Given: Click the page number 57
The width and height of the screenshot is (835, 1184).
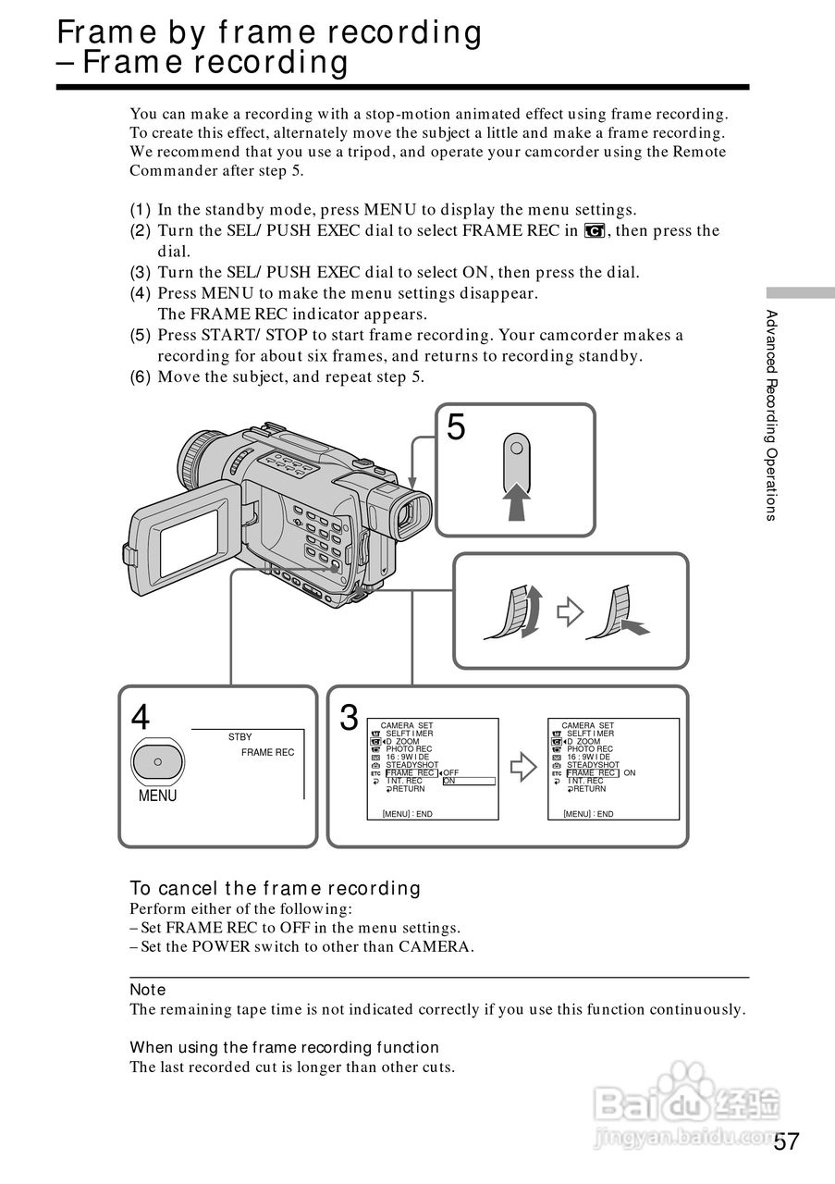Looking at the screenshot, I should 786,1141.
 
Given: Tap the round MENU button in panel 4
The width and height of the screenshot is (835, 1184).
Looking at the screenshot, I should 157,761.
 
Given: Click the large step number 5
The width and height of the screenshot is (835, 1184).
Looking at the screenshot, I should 456,427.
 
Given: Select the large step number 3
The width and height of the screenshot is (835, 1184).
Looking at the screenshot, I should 349,718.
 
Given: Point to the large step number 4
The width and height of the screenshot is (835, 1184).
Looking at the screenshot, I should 141,718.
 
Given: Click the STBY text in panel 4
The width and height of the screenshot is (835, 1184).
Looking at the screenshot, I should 239,737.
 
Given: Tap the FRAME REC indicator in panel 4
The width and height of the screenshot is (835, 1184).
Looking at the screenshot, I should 267,753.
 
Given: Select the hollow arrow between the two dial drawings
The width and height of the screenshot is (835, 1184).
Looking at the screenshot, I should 570,611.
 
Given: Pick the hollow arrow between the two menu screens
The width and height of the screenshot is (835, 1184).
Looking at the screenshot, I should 523,766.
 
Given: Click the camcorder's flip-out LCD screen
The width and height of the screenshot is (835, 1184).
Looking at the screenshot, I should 189,539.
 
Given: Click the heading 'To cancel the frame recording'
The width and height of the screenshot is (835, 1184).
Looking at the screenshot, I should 275,888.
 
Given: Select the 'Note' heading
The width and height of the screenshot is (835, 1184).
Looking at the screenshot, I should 147,990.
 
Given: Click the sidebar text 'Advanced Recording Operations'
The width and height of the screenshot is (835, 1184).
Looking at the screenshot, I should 771,415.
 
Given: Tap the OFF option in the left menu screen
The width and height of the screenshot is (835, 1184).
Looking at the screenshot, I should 451,772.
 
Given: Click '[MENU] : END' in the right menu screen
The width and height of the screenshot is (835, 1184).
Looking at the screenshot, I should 588,814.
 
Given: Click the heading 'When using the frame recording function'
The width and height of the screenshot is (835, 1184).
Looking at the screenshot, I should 284,1047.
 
